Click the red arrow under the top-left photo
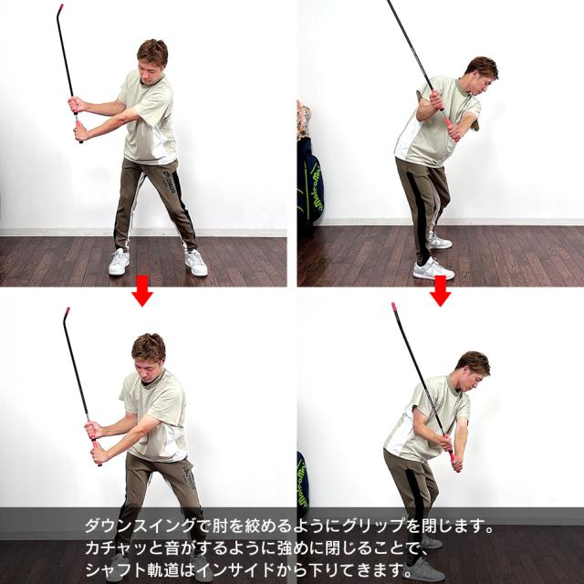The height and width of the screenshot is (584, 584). (x=141, y=293)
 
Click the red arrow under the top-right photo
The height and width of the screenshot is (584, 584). (x=440, y=292)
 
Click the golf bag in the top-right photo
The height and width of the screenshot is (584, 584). (x=308, y=182)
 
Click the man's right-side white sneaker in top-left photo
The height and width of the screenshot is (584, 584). (x=195, y=263)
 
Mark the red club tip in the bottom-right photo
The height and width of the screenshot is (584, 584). (x=394, y=308)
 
